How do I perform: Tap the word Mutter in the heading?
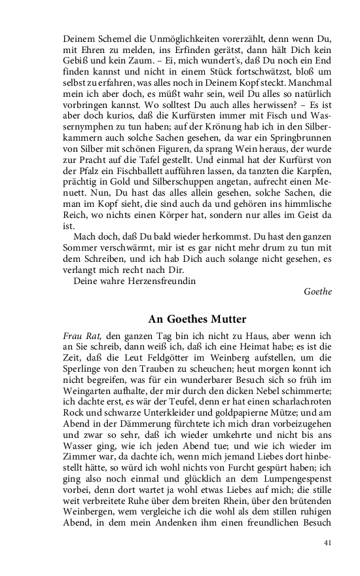[223, 319]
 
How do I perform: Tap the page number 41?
[328, 542]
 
